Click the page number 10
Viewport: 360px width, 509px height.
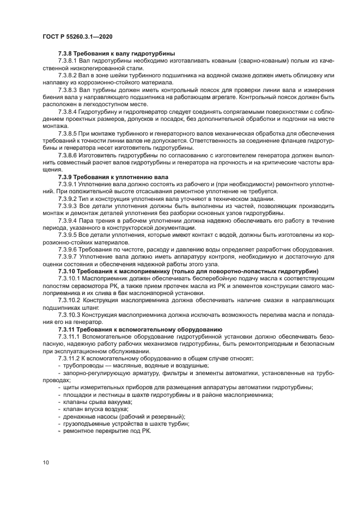[x=46, y=462]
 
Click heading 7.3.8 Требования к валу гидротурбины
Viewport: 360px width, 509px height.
[x=115, y=53]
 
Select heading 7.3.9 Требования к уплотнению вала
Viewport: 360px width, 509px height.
[x=113, y=177]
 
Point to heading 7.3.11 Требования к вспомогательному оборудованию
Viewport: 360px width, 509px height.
[x=139, y=329]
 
